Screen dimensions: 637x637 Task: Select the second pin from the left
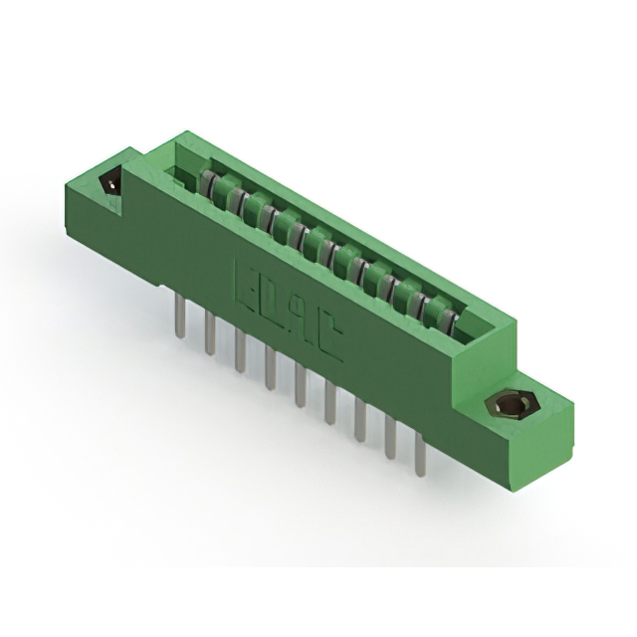point(210,330)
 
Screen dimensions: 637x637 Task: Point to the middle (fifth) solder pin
point(300,384)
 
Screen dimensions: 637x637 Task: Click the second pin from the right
point(390,438)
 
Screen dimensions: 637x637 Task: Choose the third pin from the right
point(359,420)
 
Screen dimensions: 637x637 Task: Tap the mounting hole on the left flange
point(111,184)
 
